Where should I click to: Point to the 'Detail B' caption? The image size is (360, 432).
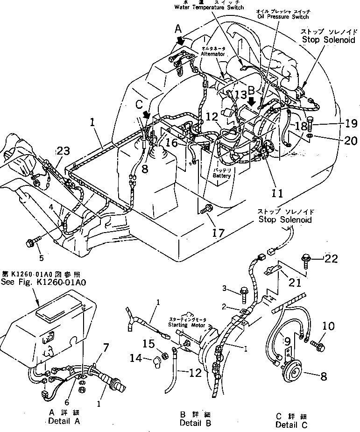[195, 423]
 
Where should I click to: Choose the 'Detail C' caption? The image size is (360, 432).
[291, 425]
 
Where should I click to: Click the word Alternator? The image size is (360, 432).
[213, 54]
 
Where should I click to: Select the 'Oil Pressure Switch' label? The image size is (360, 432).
[283, 17]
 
